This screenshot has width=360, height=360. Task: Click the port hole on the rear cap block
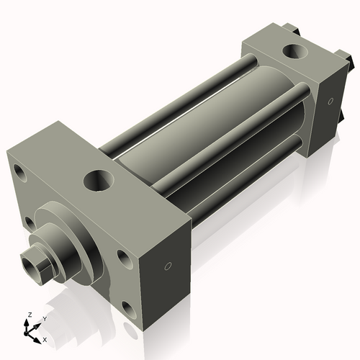tap(295, 53)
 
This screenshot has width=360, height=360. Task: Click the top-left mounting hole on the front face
tap(19, 174)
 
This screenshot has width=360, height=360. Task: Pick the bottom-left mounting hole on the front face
tap(28, 222)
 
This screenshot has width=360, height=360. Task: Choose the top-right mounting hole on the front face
tap(125, 258)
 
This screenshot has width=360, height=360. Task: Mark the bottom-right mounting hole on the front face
tap(129, 310)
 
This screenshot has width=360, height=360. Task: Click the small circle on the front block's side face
tap(168, 266)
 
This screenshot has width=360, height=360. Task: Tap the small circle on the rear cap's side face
tap(330, 102)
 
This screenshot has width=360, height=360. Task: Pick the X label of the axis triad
tap(45, 339)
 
